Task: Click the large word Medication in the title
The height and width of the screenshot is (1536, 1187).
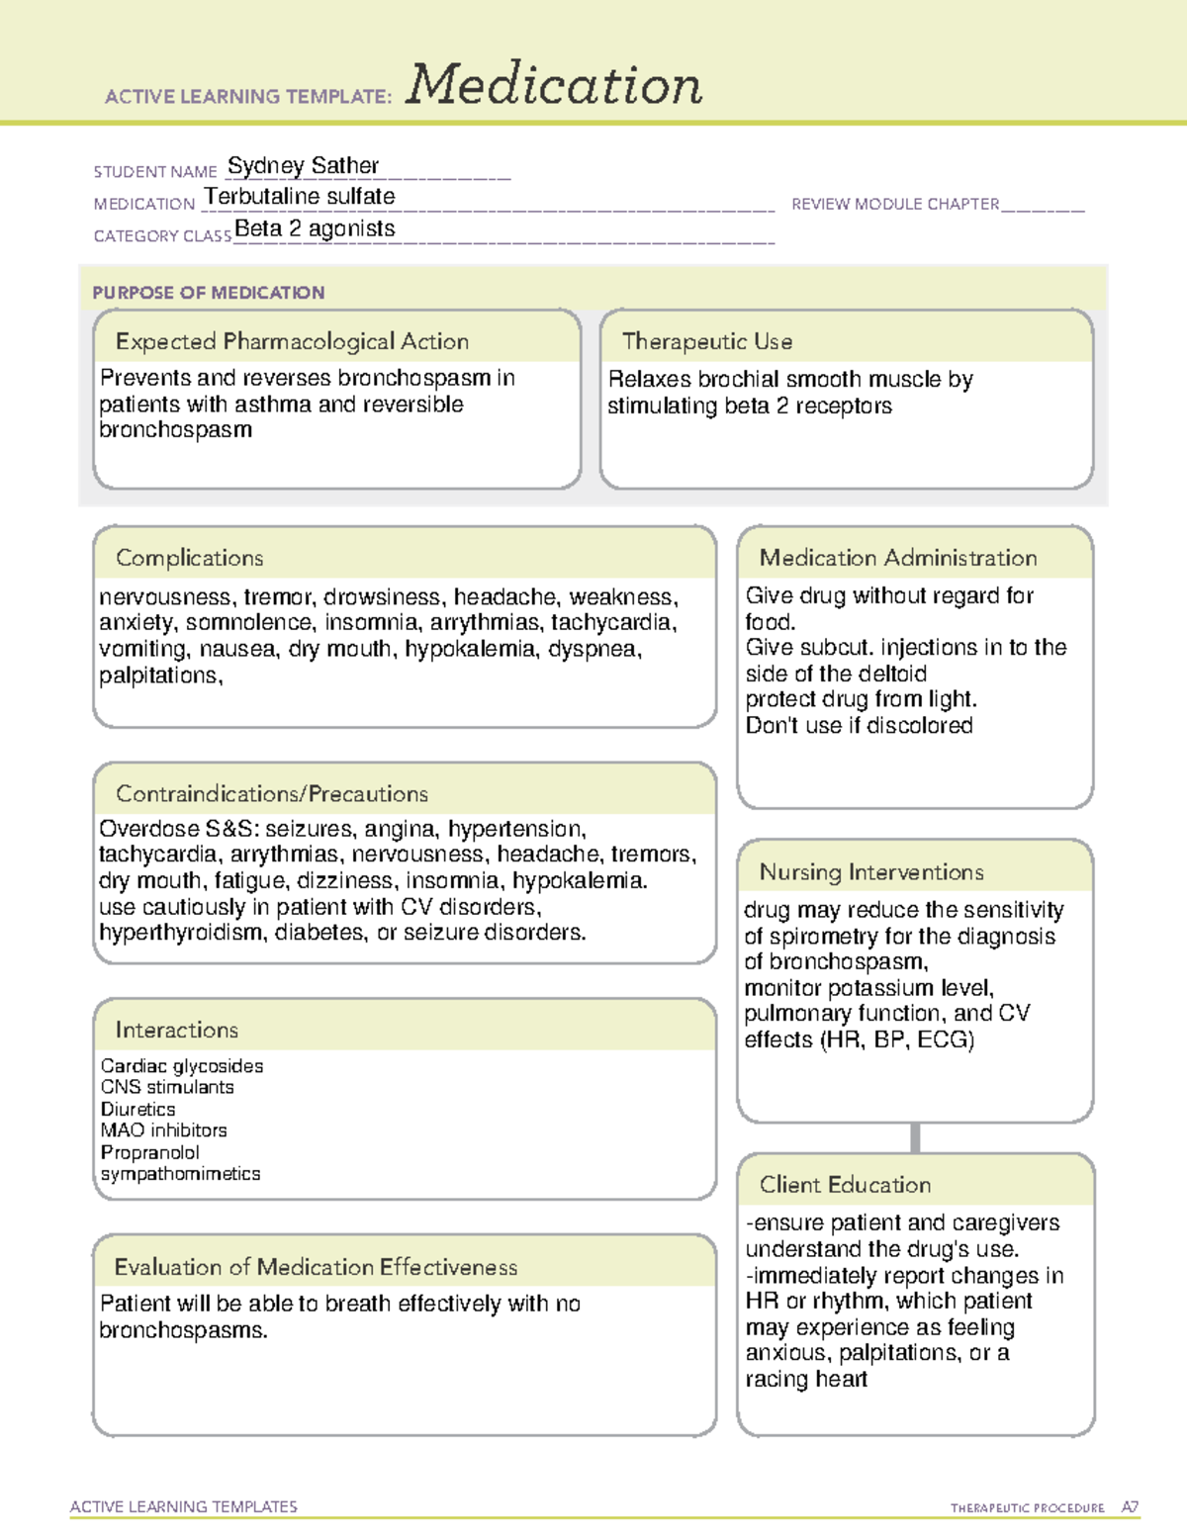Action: (x=554, y=85)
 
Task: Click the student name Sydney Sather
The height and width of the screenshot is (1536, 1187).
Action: (x=303, y=165)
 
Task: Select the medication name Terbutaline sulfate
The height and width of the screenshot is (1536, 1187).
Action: (x=300, y=197)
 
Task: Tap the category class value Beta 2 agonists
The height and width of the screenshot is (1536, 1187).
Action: (x=315, y=228)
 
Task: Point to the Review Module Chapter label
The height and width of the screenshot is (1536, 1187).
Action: (x=895, y=204)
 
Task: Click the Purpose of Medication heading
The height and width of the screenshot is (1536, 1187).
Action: (x=208, y=293)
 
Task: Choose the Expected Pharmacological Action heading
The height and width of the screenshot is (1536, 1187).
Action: (x=292, y=341)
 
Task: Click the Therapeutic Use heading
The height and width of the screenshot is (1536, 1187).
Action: (x=707, y=341)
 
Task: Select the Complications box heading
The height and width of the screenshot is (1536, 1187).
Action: (x=190, y=558)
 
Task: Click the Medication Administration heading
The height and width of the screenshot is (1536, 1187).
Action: (x=898, y=558)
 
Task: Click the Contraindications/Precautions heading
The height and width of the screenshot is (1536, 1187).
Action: (x=272, y=793)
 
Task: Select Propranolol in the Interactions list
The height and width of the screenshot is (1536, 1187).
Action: (x=149, y=1152)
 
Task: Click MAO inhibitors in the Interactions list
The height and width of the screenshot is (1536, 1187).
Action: (x=163, y=1129)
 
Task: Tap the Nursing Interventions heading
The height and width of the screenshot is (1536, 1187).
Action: (x=871, y=871)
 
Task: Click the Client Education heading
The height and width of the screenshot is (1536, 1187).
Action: (x=845, y=1184)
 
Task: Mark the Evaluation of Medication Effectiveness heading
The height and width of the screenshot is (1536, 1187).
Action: (x=316, y=1267)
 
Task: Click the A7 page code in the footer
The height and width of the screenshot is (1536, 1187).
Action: (x=1130, y=1507)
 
